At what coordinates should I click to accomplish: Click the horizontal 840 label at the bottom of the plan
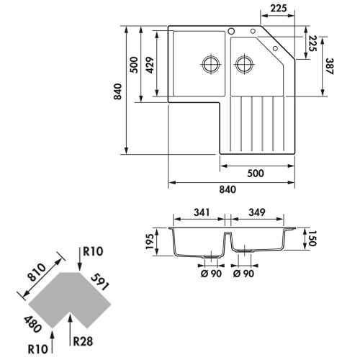(227, 189)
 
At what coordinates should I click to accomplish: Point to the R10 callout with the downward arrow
(92, 252)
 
